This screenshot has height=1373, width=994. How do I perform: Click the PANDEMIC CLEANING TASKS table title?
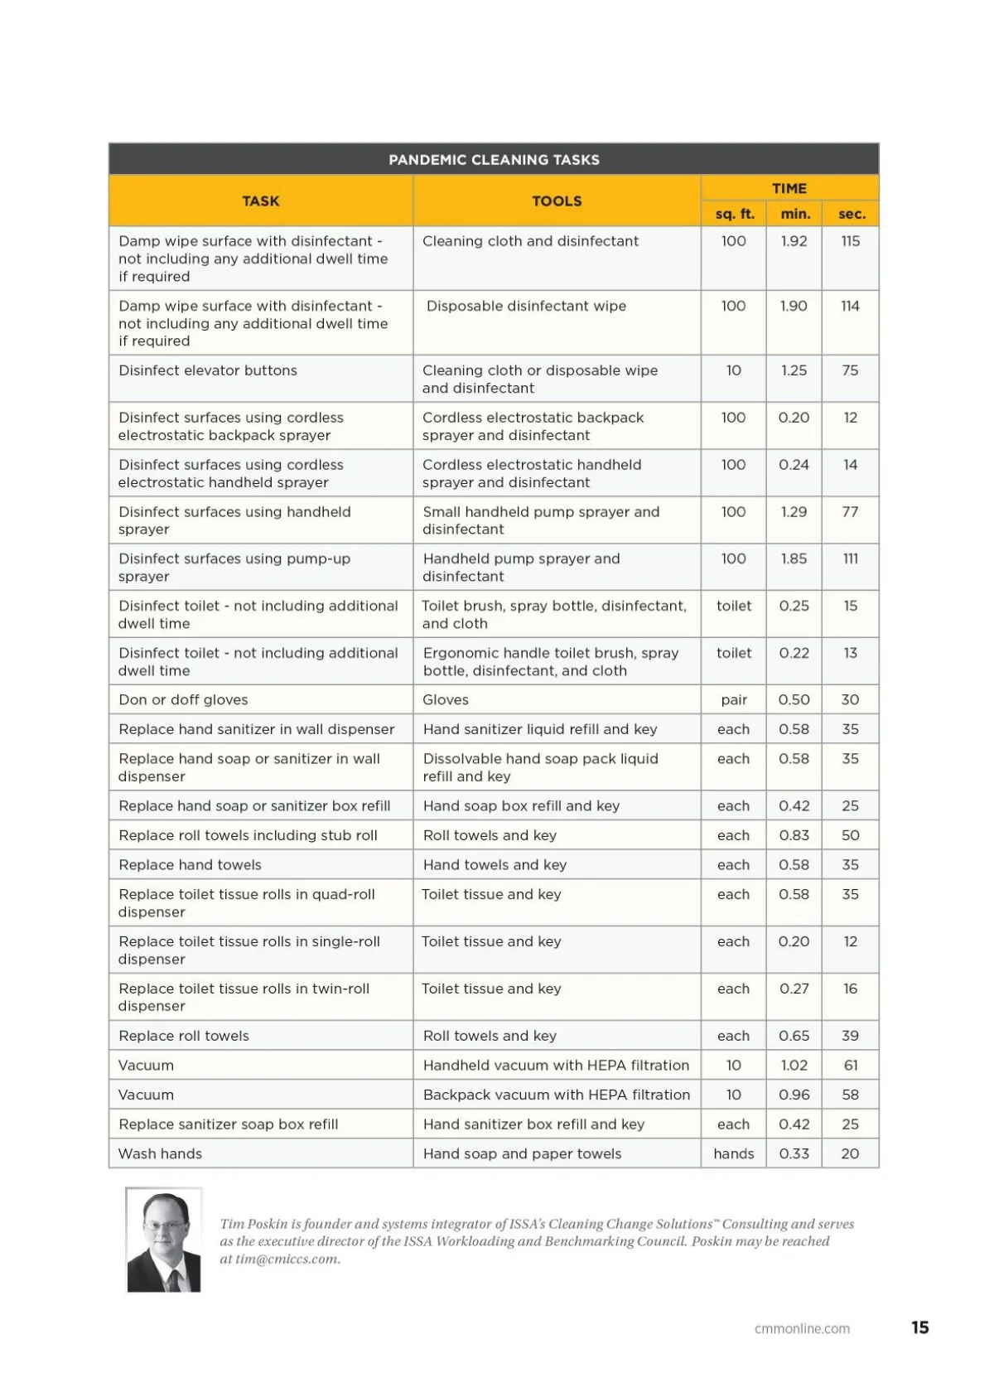[x=494, y=160]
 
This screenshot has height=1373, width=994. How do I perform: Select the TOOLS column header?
[x=557, y=201]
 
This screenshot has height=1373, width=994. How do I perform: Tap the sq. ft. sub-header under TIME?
[x=734, y=214]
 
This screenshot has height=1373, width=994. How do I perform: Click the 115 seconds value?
[x=850, y=241]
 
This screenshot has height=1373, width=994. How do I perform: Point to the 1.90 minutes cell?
[x=794, y=306]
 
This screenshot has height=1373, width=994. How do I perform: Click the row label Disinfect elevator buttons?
[x=208, y=370]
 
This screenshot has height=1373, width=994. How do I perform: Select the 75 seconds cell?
[x=850, y=370]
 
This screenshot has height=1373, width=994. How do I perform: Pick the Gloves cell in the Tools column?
[x=446, y=699]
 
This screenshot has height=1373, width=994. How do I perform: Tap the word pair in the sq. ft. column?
[x=734, y=699]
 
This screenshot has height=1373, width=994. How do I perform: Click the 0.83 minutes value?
[x=794, y=835]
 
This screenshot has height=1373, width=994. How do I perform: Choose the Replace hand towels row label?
[x=190, y=865]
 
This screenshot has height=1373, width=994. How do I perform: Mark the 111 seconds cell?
[x=850, y=558]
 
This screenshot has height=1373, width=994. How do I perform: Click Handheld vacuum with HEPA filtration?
[x=556, y=1066]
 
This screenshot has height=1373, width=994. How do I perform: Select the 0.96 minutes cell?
[x=794, y=1095]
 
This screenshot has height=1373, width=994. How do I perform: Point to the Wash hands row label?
[x=160, y=1153]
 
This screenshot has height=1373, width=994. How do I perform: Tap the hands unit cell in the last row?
[x=734, y=1153]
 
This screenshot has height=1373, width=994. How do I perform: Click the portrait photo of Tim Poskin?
[x=164, y=1240]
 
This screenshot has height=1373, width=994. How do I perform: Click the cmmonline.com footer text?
[x=802, y=1328]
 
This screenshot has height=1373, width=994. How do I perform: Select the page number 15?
[x=919, y=1327]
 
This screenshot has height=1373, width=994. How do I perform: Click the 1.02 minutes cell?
[x=794, y=1066]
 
